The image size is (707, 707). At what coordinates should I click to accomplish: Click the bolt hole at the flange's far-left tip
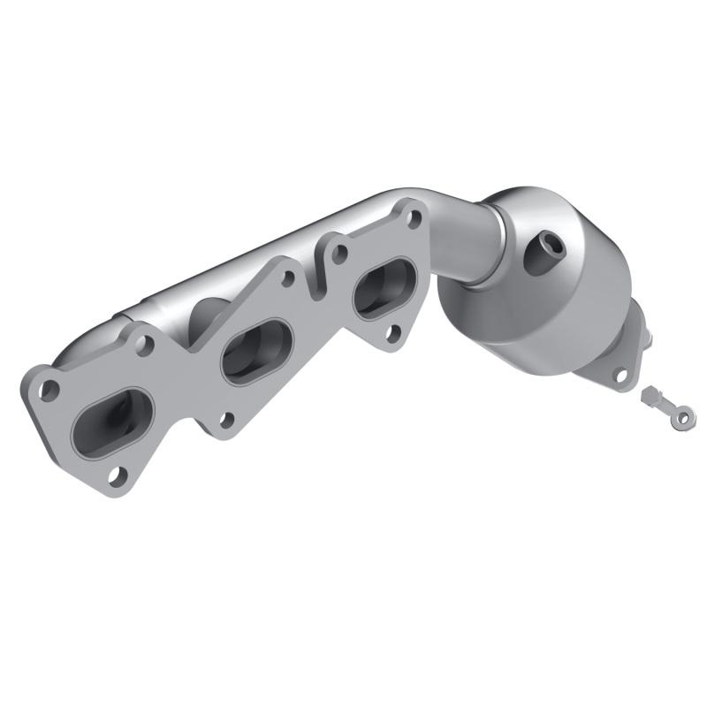pyautogui.click(x=51, y=386)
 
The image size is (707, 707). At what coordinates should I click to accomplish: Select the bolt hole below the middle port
pyautogui.click(x=226, y=421)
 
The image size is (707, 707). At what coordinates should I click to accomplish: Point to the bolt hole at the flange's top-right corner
pyautogui.click(x=412, y=211)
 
